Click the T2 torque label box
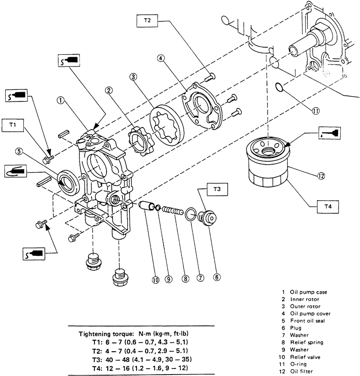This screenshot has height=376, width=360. [x=147, y=21]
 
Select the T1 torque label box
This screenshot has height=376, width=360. [x=13, y=125]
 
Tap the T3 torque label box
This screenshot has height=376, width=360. [x=217, y=189]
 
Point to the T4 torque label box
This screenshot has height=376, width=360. [x=328, y=206]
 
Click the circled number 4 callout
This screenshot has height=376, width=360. [x=161, y=58]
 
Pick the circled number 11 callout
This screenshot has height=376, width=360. [x=316, y=111]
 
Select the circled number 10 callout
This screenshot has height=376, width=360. [x=156, y=280]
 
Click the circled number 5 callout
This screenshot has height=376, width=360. [x=19, y=152]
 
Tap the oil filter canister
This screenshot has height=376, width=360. [x=268, y=162]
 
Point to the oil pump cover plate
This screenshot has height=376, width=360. [x=202, y=105]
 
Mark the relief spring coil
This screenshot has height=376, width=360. [x=173, y=211]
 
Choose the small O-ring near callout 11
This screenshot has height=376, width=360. [x=279, y=87]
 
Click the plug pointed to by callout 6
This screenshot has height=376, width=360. [x=207, y=218]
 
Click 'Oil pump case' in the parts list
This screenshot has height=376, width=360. [x=309, y=292]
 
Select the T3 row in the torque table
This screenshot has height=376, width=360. [x=142, y=359]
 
